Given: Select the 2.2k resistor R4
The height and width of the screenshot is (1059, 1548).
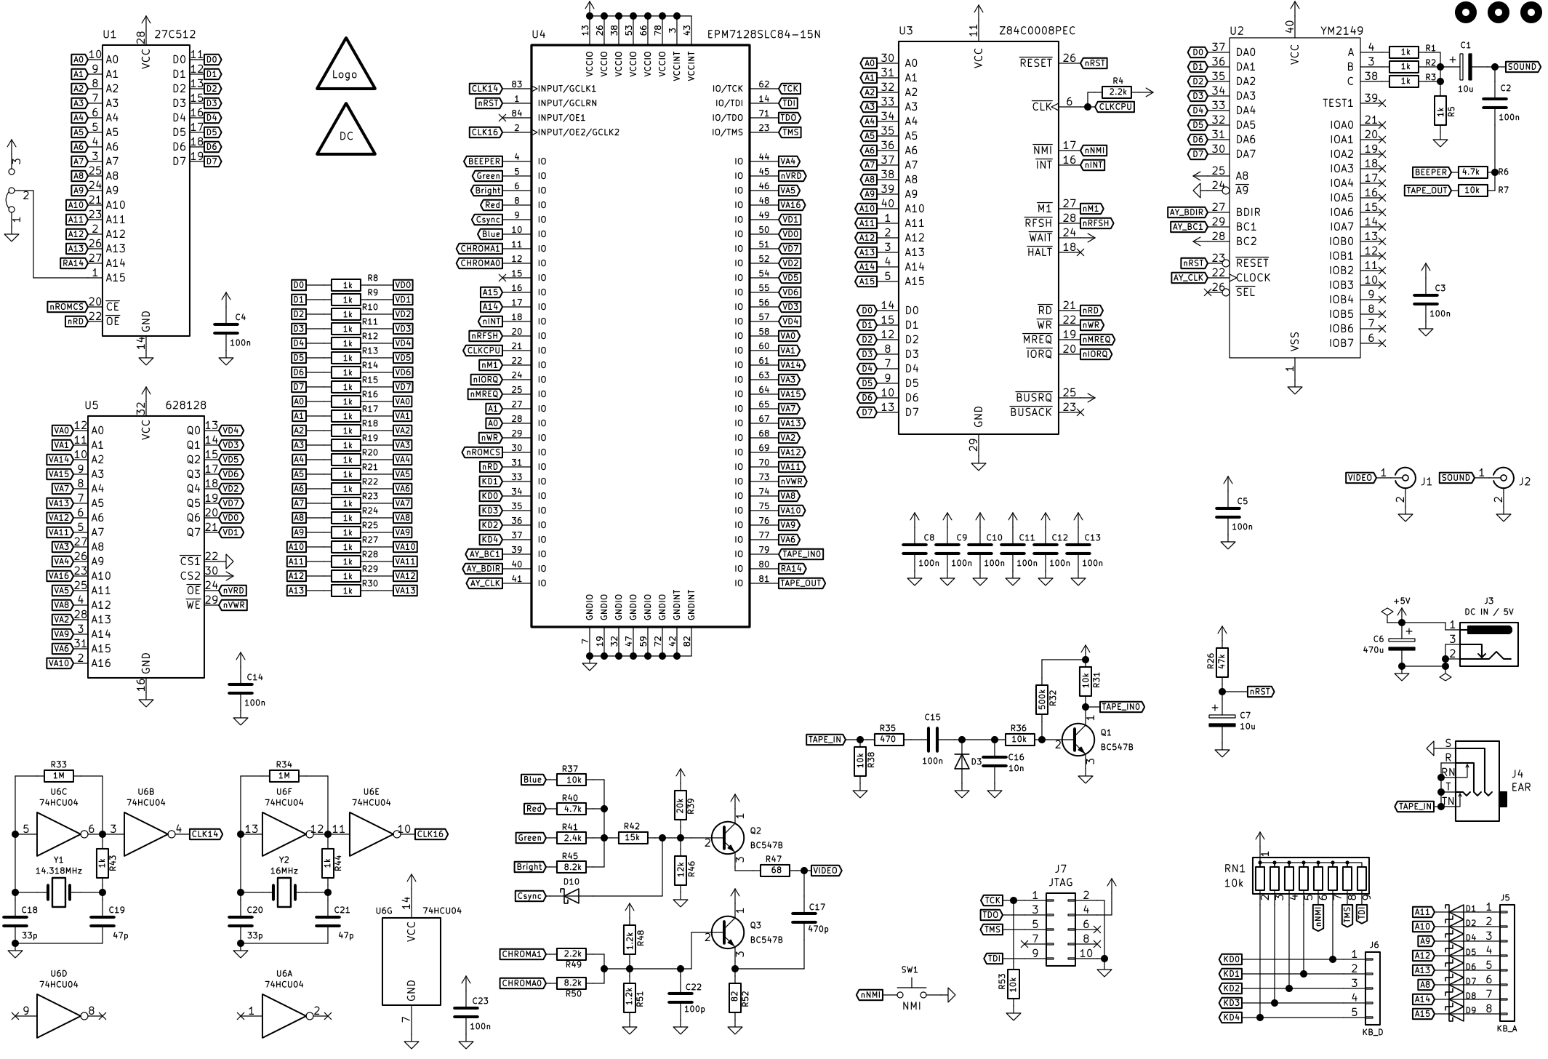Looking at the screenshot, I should (1118, 92).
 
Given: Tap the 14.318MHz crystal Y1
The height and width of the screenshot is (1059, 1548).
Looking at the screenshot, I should (58, 892).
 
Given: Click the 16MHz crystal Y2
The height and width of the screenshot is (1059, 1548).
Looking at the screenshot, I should (284, 892).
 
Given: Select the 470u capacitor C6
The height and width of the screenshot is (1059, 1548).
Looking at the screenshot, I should (1402, 644).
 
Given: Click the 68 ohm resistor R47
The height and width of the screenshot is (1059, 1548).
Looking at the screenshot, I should (775, 871).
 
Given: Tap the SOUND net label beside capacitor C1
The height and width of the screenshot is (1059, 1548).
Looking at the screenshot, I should (1522, 67).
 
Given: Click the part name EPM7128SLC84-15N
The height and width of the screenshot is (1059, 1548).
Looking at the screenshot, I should (763, 34).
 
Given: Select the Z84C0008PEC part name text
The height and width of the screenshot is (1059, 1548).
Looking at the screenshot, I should (1037, 31).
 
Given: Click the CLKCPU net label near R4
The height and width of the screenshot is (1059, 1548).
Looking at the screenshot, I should (1115, 107).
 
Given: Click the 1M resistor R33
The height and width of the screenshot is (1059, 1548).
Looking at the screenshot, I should (58, 776).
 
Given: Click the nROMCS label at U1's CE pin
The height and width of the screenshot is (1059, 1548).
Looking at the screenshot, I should (66, 307).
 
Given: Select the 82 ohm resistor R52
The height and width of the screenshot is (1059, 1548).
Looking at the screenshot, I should (734, 997).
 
